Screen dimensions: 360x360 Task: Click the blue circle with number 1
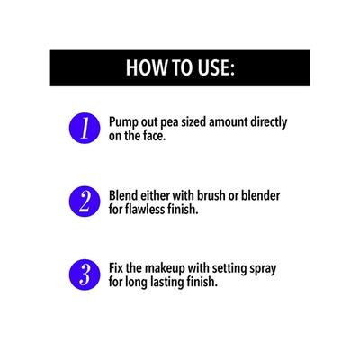pos(85,128)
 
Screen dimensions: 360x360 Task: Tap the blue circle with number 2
pos(85,202)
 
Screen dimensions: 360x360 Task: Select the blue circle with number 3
pos(85,274)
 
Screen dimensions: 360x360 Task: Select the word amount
pos(229,122)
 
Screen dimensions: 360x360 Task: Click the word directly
pos(269,122)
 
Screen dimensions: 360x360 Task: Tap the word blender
pos(261,195)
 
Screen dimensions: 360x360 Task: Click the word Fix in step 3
pos(116,268)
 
